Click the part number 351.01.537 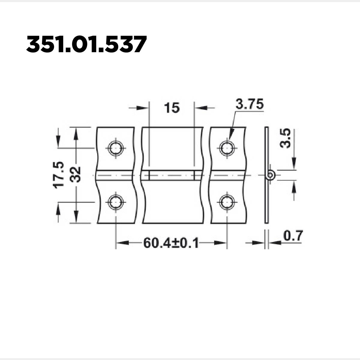click(86, 44)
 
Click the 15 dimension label click(172, 108)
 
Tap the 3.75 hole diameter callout click(250, 104)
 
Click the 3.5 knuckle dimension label click(286, 138)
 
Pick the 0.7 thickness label click(292, 236)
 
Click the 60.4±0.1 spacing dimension click(171, 243)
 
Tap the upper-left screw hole click(116, 148)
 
